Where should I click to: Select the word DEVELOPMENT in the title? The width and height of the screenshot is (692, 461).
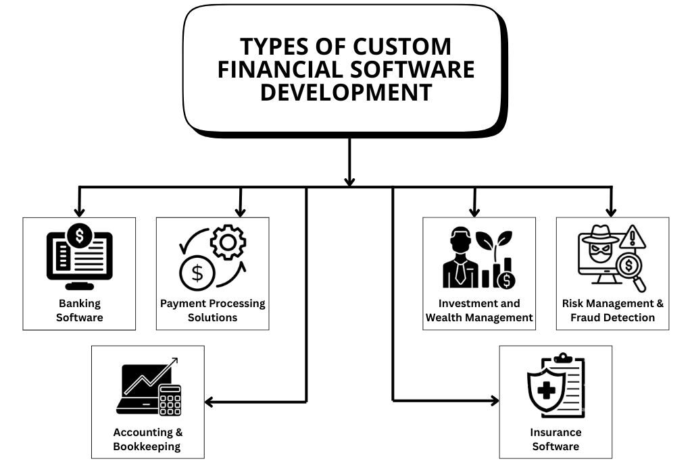click(345, 92)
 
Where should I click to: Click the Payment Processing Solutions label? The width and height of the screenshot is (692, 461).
click(212, 310)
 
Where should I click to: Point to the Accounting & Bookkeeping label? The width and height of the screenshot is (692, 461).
click(147, 439)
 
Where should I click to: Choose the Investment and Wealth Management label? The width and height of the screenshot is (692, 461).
click(479, 310)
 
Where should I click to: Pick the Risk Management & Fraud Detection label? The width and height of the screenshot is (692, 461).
click(612, 310)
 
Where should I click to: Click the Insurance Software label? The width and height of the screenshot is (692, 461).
click(555, 439)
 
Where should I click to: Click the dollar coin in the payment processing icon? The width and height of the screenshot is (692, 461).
click(197, 273)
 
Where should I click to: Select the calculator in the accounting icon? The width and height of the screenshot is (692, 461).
click(170, 399)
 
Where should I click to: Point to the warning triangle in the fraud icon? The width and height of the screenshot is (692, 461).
click(633, 238)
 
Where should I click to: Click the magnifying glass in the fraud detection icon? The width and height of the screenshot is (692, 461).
click(633, 268)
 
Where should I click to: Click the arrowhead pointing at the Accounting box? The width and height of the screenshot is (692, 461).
click(209, 402)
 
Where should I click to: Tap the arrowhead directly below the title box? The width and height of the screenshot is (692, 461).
click(349, 180)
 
